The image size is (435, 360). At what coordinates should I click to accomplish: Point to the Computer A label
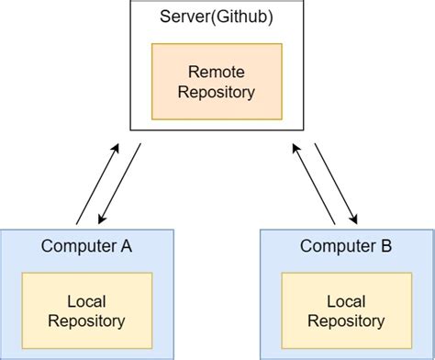pos(87,246)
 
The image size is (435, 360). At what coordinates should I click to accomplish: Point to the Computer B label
pos(348,246)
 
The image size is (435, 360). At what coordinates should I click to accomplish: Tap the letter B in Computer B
pos(386,246)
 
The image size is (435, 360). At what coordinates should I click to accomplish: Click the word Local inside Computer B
pos(348,300)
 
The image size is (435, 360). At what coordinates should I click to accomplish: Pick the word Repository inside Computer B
pos(348,321)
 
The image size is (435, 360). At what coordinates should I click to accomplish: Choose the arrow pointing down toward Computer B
pos(336,184)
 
